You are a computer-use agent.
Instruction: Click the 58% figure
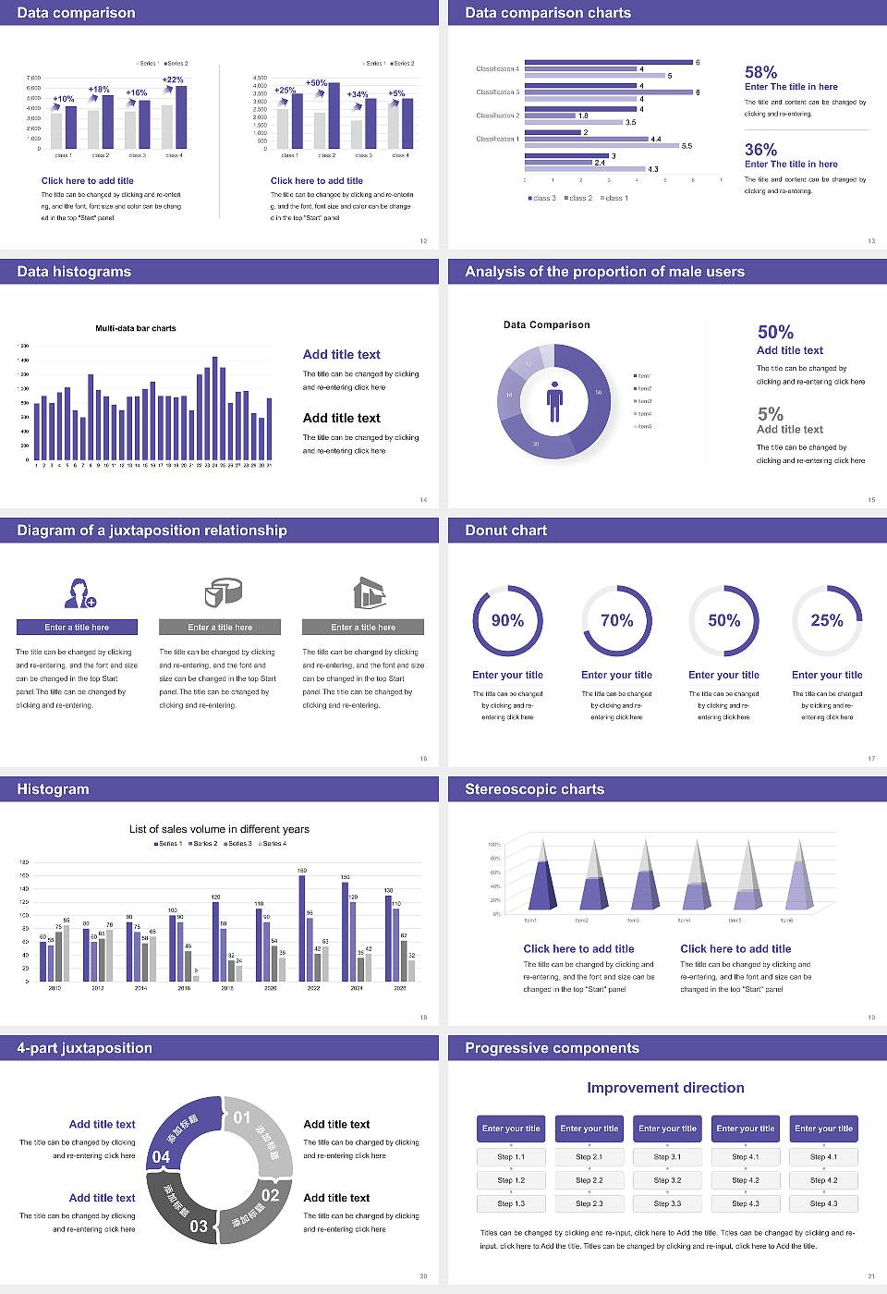pos(760,72)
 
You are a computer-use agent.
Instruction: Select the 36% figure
pos(760,150)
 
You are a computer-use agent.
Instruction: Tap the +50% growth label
pos(316,83)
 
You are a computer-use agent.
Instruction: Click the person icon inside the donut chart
pos(554,400)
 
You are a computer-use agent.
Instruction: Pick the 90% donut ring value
pos(507,620)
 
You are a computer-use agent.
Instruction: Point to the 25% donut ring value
pos(827,620)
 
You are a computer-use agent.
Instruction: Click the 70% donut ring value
pos(617,620)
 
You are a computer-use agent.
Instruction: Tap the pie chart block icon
pos(223,592)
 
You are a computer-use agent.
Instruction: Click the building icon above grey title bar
pos(369,592)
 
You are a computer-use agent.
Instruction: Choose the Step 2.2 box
pos(589,1180)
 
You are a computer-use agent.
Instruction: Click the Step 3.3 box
pos(667,1203)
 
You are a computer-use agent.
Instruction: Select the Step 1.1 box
pos(511,1157)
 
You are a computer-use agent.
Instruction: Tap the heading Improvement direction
pos(665,1088)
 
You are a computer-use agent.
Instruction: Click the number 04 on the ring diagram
pos(161,1157)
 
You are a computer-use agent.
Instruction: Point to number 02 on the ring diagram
pos(270,1195)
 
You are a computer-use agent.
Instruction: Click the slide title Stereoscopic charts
pos(534,789)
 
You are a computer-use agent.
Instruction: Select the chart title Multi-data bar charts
pos(136,328)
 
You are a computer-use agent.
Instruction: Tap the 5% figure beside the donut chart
pos(770,414)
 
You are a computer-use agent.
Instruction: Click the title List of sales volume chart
pos(219,829)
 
